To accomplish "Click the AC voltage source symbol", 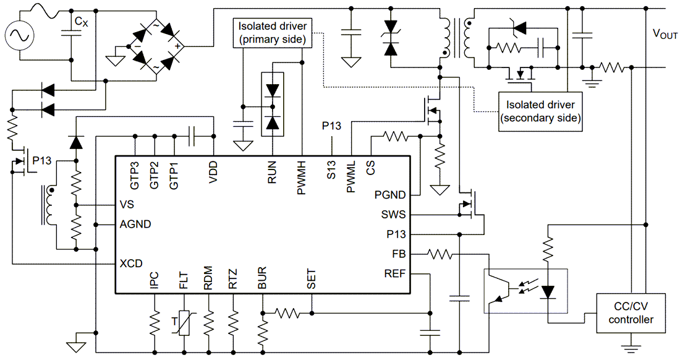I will (21, 36).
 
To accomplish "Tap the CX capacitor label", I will (80, 22).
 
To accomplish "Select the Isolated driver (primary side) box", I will (273, 33).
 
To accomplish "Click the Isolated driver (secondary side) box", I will (541, 111).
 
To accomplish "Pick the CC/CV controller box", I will (631, 312).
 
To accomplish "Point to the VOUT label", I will (665, 35).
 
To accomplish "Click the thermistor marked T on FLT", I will (184, 322).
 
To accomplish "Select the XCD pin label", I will (130, 263).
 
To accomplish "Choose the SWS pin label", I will (394, 215).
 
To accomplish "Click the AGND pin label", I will (134, 224).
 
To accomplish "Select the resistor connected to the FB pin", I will (440, 254).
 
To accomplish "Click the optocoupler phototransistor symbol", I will (497, 290).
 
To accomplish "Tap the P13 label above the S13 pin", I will (331, 126).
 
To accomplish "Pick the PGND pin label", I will (390, 195).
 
